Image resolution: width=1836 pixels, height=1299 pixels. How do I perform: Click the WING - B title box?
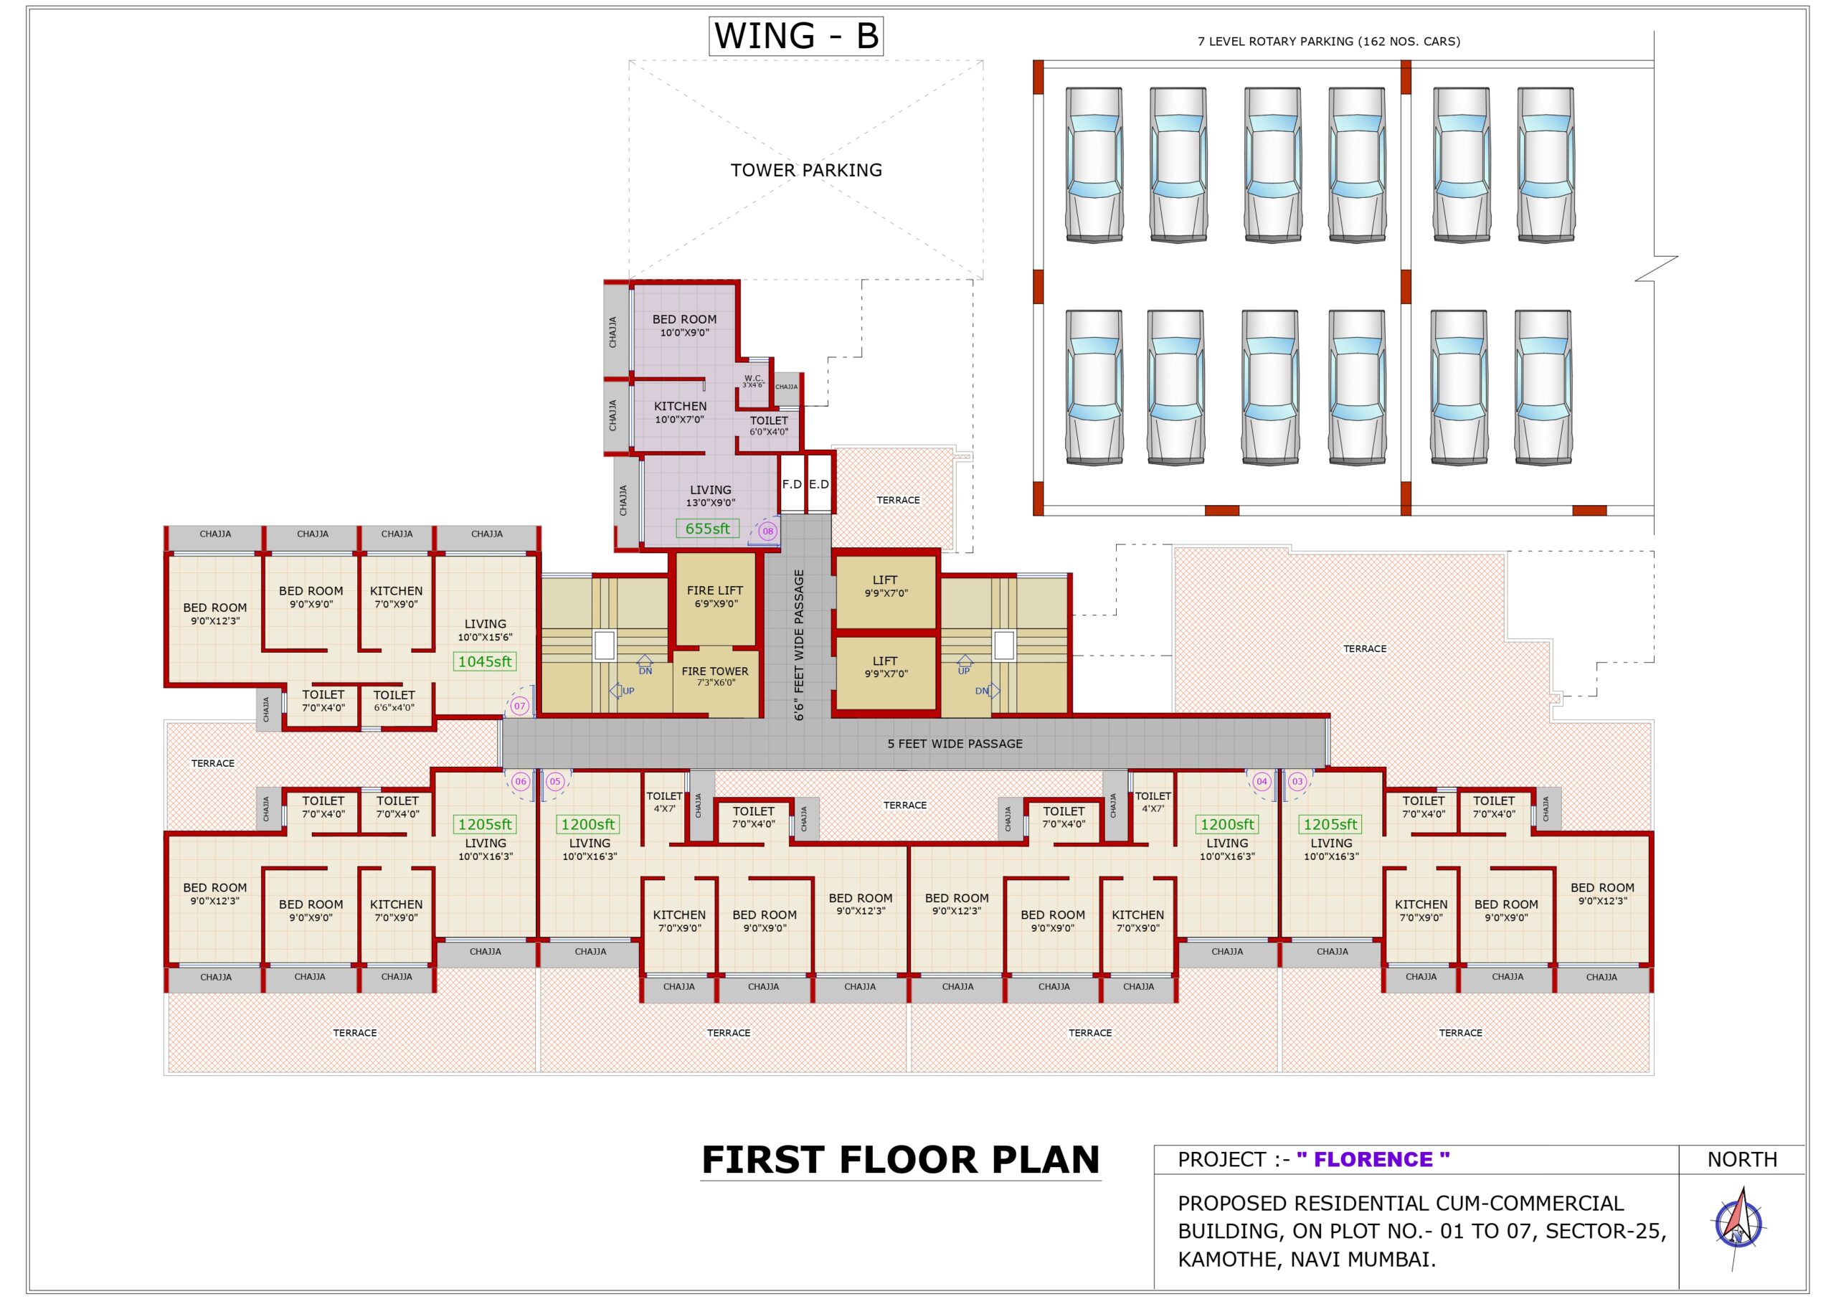[x=795, y=37]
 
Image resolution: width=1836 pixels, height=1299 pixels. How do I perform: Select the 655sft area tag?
[x=707, y=529]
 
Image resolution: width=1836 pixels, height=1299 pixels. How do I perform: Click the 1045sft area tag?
[x=485, y=661]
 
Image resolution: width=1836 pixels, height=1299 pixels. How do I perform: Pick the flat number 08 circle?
[x=767, y=531]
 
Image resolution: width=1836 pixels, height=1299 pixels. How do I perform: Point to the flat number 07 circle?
[x=520, y=707]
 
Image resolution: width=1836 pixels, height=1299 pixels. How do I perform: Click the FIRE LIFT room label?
[x=715, y=597]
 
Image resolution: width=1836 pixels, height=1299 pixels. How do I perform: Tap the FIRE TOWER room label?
[x=715, y=676]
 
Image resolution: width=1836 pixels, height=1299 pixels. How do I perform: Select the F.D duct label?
[x=792, y=485]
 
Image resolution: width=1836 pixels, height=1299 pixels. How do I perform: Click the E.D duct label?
[x=819, y=485]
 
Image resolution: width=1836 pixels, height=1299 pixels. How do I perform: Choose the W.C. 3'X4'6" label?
[x=753, y=382]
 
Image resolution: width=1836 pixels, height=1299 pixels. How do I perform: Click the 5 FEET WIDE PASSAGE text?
[x=955, y=744]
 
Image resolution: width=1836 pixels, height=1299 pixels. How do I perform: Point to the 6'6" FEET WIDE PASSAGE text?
[x=799, y=645]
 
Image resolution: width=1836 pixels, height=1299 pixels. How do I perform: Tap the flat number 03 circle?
[x=1297, y=781]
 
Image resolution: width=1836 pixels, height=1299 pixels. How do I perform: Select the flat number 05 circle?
[x=555, y=781]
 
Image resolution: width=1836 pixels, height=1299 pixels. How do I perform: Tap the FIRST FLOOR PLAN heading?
[x=900, y=1161]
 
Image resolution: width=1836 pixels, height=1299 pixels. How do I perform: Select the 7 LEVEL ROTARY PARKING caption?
[x=1328, y=42]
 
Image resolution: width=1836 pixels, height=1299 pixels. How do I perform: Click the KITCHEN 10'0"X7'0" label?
[x=680, y=412]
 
